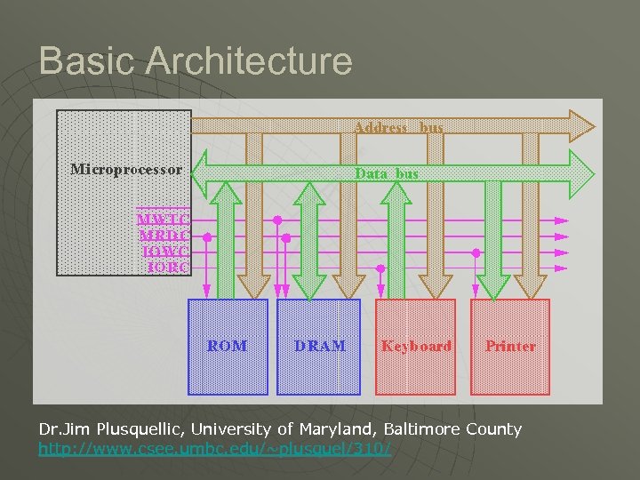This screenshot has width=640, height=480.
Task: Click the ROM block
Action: pos(228,346)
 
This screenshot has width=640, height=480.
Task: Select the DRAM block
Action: pos(319,346)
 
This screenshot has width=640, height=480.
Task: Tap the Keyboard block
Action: pos(416,346)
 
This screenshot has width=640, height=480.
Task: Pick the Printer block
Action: pos(510,346)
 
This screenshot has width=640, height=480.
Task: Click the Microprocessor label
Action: pos(126,169)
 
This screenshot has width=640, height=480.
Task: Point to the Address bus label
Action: pos(398,128)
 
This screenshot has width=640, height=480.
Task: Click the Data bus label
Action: pos(387,174)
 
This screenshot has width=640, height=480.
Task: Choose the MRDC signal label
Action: pos(164,236)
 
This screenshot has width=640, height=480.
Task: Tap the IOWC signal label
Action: pos(164,252)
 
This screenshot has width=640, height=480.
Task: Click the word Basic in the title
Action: pos(86,62)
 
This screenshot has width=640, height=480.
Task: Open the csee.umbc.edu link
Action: pos(214,449)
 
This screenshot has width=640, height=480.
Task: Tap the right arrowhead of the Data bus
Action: pos(582,173)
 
